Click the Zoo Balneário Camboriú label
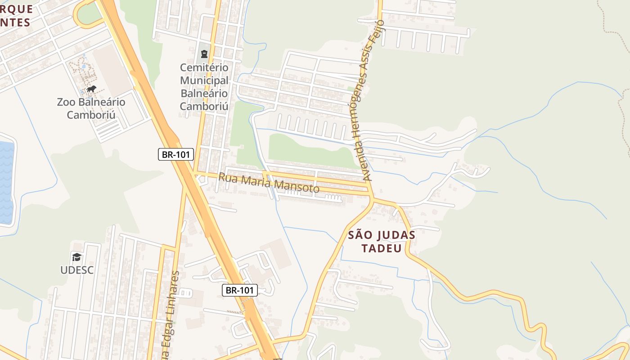[91, 108]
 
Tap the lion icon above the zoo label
[91, 89]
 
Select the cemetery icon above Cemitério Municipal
[204, 54]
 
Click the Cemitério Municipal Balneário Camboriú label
[204, 87]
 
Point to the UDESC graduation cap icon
[77, 257]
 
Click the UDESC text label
[77, 270]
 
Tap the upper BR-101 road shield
[176, 155]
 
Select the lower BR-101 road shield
[240, 290]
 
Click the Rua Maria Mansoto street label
[269, 183]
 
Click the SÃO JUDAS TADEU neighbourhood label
[382, 242]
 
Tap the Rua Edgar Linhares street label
[169, 315]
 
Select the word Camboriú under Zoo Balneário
[91, 115]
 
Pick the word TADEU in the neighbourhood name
[382, 248]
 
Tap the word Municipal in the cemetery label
[204, 81]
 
